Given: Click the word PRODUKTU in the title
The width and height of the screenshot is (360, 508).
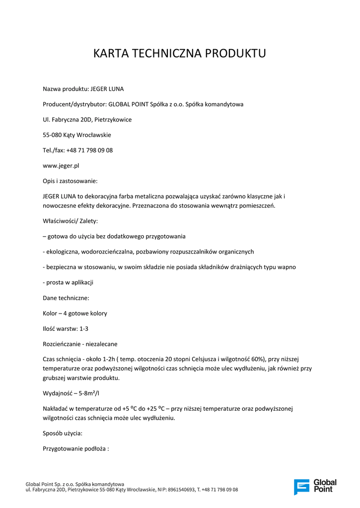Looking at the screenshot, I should (238, 54).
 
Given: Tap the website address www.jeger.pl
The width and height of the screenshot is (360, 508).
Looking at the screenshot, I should (61, 166).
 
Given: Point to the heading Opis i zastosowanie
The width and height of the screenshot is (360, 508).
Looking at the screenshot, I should (70, 181).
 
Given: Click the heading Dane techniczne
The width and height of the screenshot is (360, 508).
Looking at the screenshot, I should (66, 298).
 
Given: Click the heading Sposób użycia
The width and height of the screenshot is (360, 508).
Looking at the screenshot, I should (63, 433).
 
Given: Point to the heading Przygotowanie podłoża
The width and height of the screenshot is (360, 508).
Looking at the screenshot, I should (75, 448).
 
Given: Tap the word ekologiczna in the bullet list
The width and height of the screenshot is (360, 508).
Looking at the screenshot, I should (62, 252).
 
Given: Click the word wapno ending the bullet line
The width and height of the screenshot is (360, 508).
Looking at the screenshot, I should (286, 267).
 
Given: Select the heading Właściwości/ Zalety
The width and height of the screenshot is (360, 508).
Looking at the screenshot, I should (70, 220).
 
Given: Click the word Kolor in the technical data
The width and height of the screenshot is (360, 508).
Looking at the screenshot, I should (50, 314).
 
